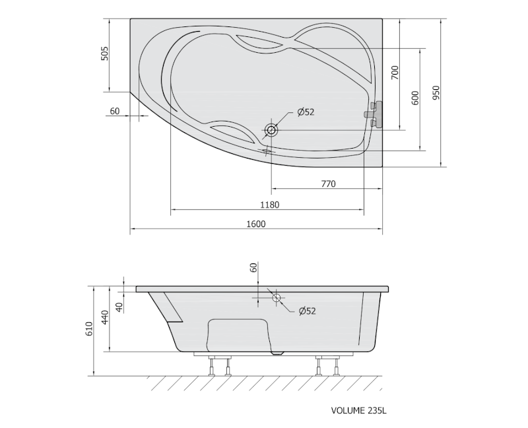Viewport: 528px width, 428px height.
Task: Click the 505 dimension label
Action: [x=105, y=54]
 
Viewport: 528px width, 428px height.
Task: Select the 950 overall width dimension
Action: [x=436, y=92]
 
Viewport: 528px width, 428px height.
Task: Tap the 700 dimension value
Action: [x=395, y=73]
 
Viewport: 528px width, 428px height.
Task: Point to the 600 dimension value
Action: [x=415, y=98]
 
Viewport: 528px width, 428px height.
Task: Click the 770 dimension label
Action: [x=328, y=184]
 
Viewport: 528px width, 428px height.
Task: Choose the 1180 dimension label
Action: [x=270, y=205]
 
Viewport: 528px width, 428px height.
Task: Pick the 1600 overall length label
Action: [x=256, y=224]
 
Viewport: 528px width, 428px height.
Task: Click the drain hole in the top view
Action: [x=271, y=129]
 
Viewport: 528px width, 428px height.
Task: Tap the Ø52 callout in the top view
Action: [x=306, y=112]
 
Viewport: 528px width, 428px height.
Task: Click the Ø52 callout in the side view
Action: [x=307, y=310]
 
